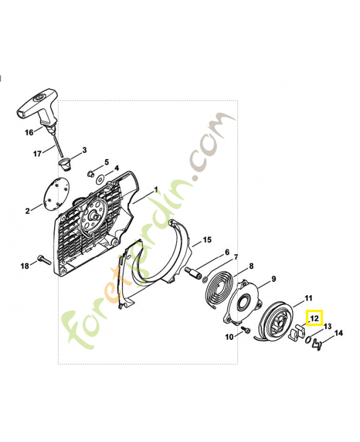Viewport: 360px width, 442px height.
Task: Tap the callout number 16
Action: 29,132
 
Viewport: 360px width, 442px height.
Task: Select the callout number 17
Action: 37,154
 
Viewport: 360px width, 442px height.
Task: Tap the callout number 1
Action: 156,190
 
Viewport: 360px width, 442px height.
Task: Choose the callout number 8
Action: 251,266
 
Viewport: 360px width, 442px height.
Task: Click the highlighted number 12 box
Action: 314,318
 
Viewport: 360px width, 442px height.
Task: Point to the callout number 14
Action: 338,333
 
